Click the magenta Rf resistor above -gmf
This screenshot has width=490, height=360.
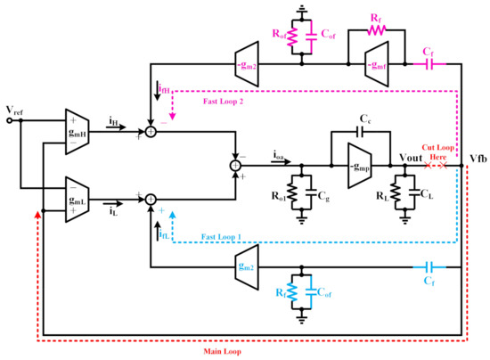(x=374, y=29)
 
